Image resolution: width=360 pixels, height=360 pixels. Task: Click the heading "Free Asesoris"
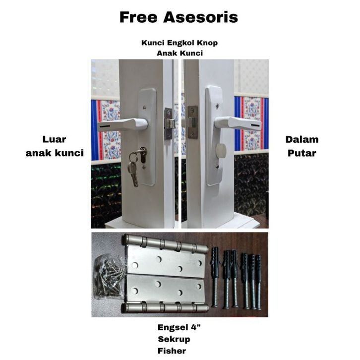click(179, 17)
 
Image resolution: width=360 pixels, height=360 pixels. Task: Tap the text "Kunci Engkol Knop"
click(180, 43)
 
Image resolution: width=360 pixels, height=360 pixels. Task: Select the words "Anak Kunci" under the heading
click(180, 53)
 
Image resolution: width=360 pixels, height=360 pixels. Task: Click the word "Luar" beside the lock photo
click(54, 140)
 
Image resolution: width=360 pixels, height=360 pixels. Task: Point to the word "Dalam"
click(301, 140)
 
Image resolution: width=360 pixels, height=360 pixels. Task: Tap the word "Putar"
click(301, 153)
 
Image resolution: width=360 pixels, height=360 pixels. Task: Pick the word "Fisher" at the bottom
click(172, 351)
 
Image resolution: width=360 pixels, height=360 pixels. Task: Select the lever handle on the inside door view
click(238, 122)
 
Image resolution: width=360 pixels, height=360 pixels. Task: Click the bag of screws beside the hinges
click(109, 276)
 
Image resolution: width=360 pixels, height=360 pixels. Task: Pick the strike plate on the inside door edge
click(192, 122)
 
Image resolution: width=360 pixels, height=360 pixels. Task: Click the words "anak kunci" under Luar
click(54, 153)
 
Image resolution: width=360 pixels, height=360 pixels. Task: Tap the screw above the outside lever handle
click(144, 107)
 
